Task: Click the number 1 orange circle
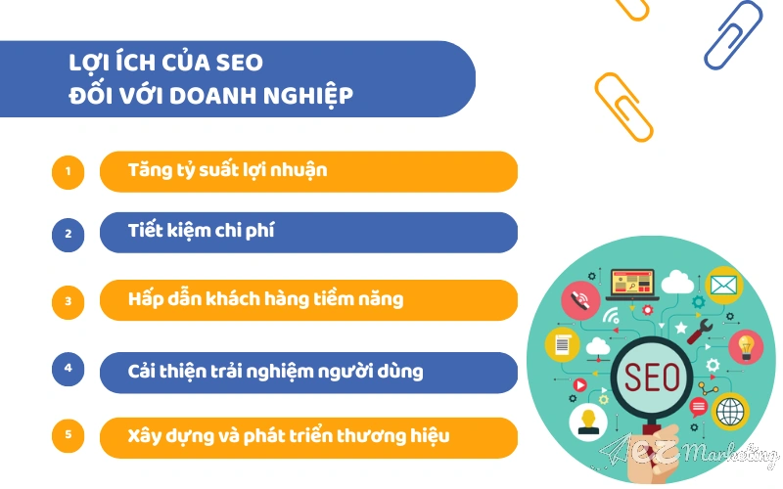69,172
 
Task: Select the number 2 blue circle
69,234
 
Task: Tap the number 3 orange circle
69,300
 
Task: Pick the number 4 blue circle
69,369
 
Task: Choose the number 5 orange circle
69,435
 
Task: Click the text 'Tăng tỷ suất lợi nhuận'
227,170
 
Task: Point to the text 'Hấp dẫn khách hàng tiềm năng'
264,299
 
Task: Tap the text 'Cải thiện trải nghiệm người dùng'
275,372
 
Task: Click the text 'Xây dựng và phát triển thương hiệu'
288,436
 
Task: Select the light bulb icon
748,344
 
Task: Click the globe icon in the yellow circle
730,412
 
